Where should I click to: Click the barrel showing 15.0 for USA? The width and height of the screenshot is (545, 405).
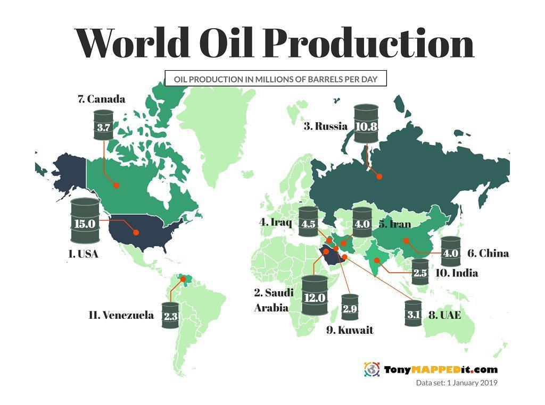click(85, 222)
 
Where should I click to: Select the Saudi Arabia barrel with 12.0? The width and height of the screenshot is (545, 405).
click(315, 296)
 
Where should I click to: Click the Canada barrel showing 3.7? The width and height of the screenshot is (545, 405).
click(104, 126)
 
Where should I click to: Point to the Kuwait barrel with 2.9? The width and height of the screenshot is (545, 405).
click(350, 307)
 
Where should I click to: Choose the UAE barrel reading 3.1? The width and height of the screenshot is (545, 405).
click(414, 314)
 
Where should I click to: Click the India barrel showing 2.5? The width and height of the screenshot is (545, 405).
click(420, 273)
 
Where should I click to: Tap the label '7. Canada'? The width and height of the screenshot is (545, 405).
click(102, 99)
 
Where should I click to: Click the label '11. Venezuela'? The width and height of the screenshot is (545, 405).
click(121, 315)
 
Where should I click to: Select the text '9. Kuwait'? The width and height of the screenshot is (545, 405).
click(350, 331)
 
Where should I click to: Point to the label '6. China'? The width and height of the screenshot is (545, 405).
click(488, 254)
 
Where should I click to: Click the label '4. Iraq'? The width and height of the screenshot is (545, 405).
click(276, 222)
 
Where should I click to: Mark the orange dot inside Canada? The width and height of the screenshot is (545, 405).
click(116, 185)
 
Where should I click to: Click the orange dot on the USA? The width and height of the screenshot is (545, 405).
click(135, 232)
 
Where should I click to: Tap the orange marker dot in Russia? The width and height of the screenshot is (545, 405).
click(379, 177)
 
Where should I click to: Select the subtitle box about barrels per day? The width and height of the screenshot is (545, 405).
click(275, 79)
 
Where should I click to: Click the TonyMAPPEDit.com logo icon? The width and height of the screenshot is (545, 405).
click(371, 369)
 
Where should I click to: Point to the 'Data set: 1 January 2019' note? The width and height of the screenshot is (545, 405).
click(456, 383)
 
